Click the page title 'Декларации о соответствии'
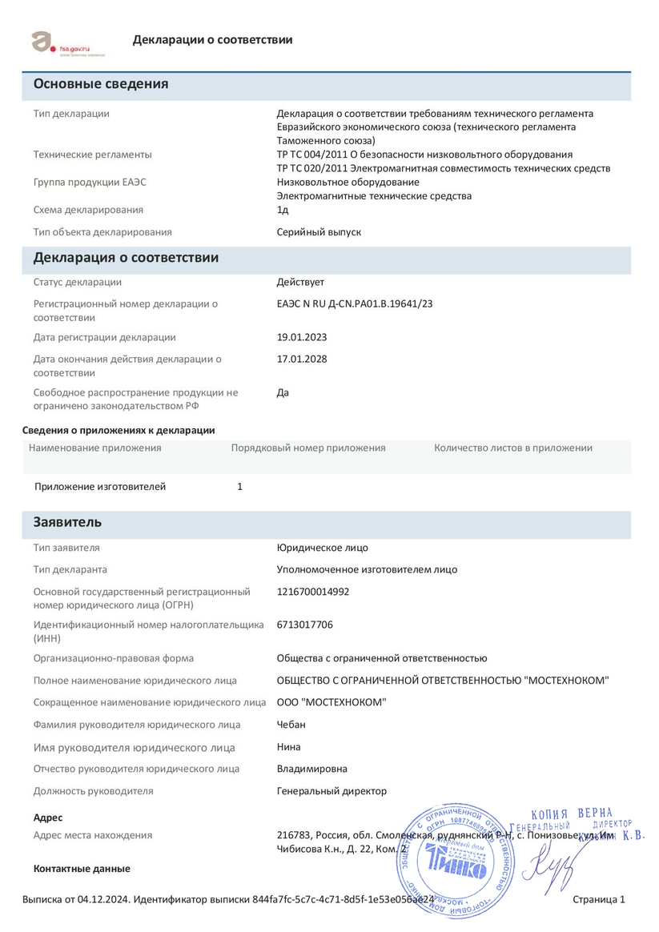(x=212, y=40)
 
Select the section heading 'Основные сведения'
(x=101, y=84)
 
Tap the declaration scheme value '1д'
(x=283, y=210)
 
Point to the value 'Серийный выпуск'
(x=319, y=232)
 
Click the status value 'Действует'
(x=300, y=282)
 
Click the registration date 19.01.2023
(x=302, y=337)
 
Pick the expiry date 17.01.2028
(x=302, y=359)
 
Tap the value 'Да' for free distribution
(x=283, y=392)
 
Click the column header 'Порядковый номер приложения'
(x=308, y=448)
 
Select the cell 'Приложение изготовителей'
(x=100, y=486)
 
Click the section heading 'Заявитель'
(x=67, y=522)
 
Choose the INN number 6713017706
(x=305, y=625)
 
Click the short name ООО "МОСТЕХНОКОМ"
(x=332, y=702)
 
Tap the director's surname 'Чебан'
(x=291, y=725)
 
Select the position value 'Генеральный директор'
(x=332, y=791)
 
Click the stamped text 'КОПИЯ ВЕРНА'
(x=572, y=813)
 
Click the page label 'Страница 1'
(x=599, y=900)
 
